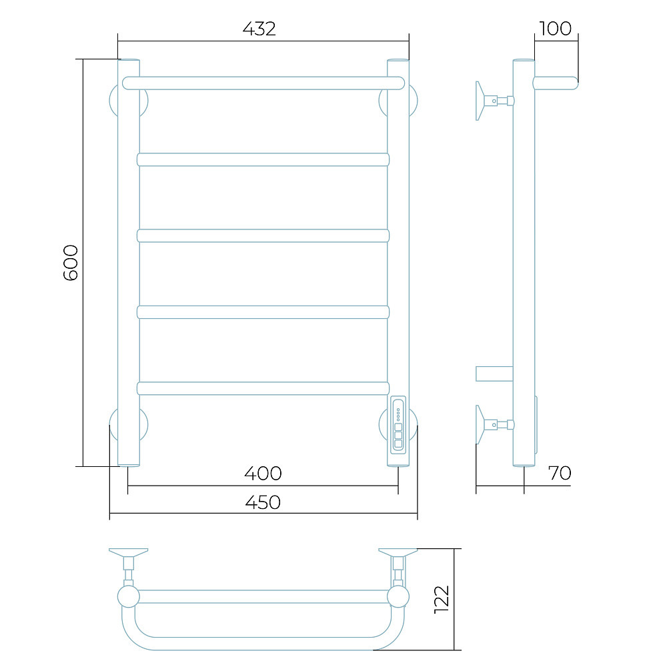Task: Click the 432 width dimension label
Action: pyautogui.click(x=259, y=29)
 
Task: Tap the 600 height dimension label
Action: pyautogui.click(x=71, y=262)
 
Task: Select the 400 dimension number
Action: pyautogui.click(x=263, y=473)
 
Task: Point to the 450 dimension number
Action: pyautogui.click(x=263, y=502)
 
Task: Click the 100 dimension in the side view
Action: pyautogui.click(x=555, y=29)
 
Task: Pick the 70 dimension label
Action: pyautogui.click(x=560, y=473)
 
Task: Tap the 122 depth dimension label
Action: pyautogui.click(x=442, y=600)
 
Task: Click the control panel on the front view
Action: pyautogui.click(x=398, y=425)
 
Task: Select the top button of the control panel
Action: pyautogui.click(x=398, y=427)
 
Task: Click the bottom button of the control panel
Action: pyautogui.click(x=398, y=444)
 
